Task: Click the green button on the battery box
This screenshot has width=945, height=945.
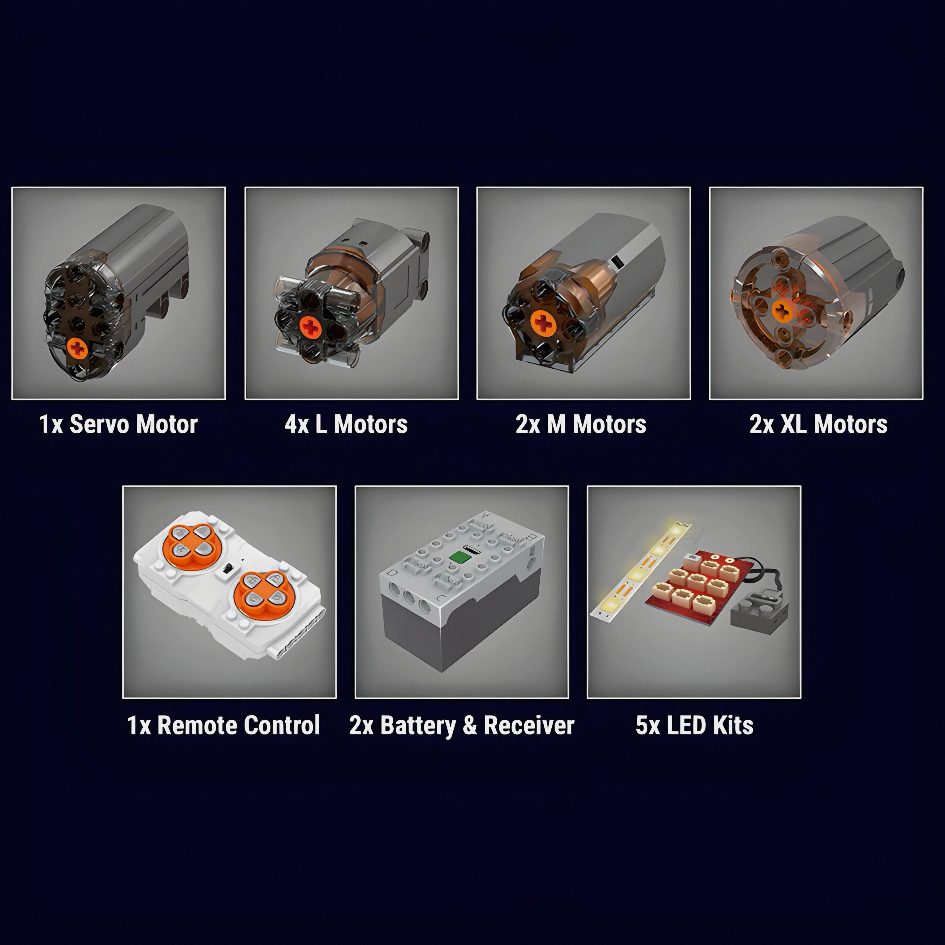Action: tap(459, 557)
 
